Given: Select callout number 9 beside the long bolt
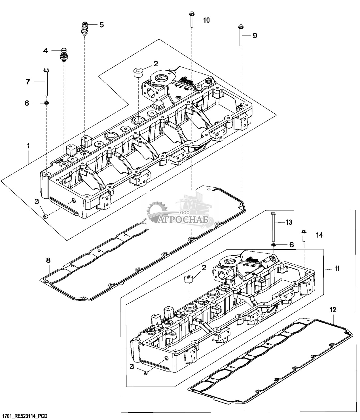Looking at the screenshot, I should click(255, 36).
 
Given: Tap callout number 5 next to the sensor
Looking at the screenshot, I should click(101, 25).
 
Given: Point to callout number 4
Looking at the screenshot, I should click(46, 51).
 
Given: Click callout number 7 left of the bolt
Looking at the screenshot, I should click(28, 82).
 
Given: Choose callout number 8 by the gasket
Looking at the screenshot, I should click(48, 260).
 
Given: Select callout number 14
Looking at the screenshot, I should click(319, 235).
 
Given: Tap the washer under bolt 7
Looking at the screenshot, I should click(46, 103).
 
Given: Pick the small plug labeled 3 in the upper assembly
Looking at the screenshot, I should click(45, 217).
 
